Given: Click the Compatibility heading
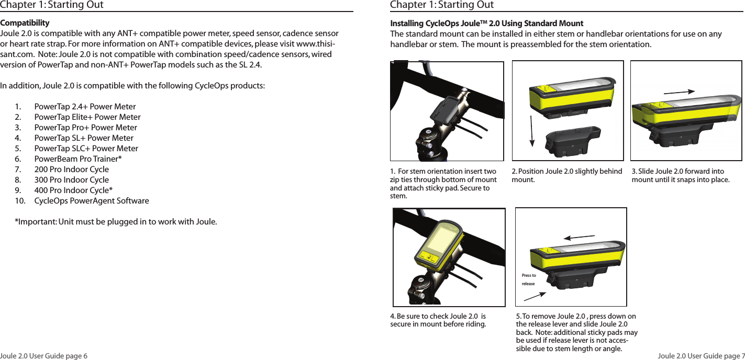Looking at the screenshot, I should [25, 23].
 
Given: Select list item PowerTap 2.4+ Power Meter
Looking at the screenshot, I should [85, 107].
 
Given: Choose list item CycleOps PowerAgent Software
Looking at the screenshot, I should [91, 201].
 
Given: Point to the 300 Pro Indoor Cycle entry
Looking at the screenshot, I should [71, 180].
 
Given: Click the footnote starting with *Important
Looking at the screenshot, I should [116, 221].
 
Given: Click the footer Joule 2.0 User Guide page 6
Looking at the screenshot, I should [44, 356].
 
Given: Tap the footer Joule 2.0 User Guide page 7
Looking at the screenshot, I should [700, 356].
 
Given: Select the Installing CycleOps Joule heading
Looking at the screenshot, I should [487, 24].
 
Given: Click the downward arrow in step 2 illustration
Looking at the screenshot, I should [532, 128].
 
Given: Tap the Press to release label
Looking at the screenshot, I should [529, 279].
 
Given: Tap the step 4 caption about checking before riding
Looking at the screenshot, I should [438, 320].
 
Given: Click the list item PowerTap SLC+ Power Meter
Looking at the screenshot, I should [86, 149].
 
